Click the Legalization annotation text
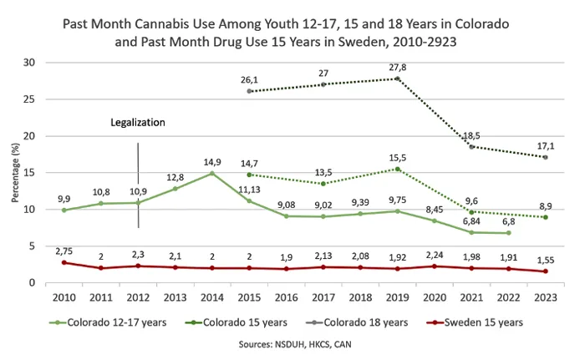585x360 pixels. tap(138, 122)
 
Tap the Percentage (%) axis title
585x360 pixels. tap(13, 173)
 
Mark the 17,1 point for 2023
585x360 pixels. tap(545, 157)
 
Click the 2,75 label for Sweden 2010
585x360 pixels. tap(64, 250)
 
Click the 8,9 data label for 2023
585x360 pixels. tap(545, 205)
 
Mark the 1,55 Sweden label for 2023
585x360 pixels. tap(546, 261)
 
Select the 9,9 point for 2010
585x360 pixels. tap(64, 210)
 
